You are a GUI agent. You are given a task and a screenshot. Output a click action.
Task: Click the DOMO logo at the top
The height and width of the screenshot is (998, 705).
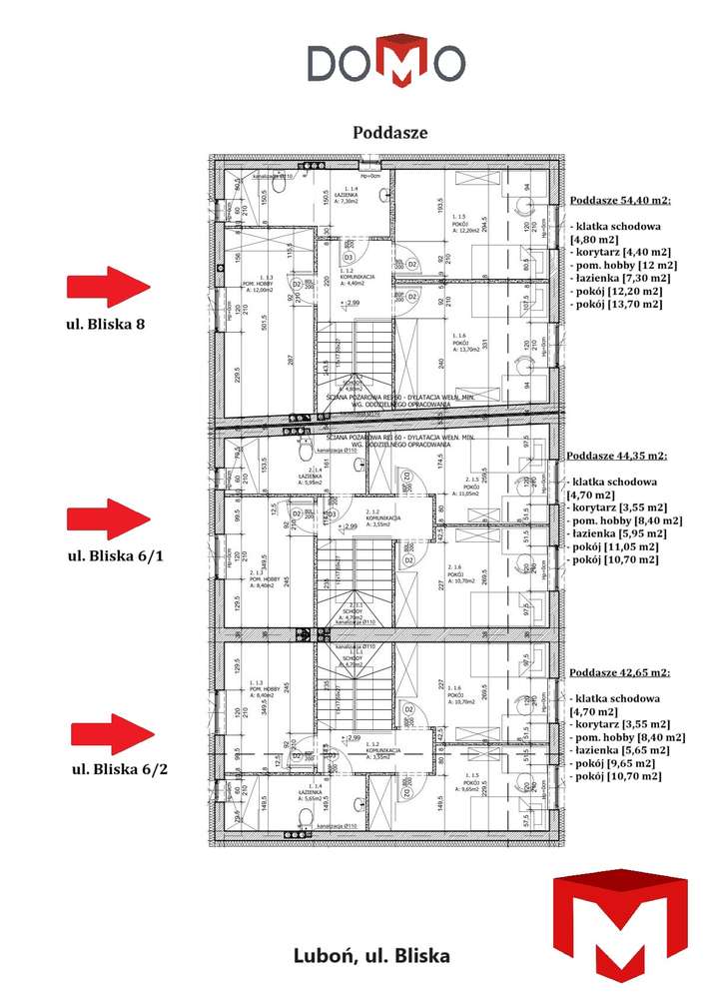[384, 61]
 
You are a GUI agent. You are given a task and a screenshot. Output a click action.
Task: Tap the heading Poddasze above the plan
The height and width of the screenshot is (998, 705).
[390, 132]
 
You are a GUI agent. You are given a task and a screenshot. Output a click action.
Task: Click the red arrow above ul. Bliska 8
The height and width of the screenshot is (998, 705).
[107, 287]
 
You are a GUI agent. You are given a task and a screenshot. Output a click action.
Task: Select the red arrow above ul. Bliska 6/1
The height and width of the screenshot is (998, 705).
[107, 520]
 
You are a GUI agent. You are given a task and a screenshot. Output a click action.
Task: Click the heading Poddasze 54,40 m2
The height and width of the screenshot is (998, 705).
[620, 200]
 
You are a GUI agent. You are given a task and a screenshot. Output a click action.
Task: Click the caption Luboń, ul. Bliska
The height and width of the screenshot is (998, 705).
[371, 955]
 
